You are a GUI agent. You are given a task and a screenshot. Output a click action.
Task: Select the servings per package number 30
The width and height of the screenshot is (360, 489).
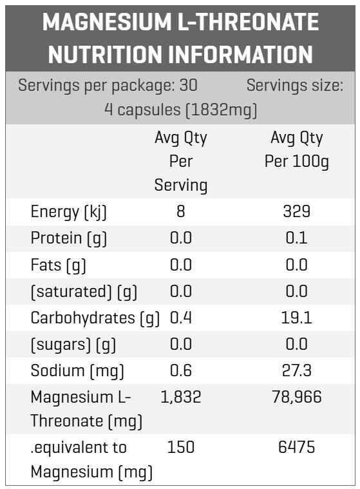[x=188, y=85]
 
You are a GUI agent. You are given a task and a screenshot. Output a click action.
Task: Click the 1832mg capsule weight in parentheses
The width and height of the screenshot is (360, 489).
[x=222, y=110]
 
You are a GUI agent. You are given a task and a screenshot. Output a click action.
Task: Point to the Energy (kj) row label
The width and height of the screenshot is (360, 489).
[x=68, y=212]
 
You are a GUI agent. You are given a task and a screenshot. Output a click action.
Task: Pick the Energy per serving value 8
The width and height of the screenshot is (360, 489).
[x=181, y=211]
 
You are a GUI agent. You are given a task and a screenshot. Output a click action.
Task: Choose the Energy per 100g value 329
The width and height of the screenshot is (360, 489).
[x=296, y=211]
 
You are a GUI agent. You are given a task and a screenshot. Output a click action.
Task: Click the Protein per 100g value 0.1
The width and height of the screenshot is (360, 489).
[x=296, y=238]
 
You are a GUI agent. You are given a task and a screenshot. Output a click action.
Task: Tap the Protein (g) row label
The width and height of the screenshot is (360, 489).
[x=68, y=238]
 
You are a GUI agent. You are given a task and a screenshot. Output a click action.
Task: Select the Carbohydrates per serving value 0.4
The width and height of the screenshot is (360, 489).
[x=181, y=318]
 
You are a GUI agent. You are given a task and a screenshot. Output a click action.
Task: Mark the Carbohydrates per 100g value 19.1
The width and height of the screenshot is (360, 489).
[x=296, y=318]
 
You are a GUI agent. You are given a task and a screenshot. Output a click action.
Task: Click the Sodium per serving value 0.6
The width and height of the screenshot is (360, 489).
[x=181, y=370]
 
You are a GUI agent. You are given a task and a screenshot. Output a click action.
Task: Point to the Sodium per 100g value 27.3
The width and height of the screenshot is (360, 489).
[x=296, y=370]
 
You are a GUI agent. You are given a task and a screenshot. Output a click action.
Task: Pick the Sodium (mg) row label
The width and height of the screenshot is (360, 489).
[x=77, y=372]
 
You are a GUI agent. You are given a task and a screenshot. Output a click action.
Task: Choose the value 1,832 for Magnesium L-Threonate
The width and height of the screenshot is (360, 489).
[x=181, y=398]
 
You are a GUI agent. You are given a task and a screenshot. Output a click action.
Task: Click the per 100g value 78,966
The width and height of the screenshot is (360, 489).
[x=296, y=398]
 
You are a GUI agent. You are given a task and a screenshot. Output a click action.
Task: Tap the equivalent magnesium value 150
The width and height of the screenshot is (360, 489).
[x=181, y=447]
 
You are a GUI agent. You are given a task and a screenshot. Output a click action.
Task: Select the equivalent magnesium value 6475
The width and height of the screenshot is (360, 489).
[x=296, y=447]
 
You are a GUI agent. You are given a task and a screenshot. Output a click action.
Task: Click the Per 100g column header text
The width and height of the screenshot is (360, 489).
[x=296, y=162]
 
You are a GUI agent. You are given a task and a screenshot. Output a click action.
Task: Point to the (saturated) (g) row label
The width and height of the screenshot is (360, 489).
[x=84, y=292]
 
